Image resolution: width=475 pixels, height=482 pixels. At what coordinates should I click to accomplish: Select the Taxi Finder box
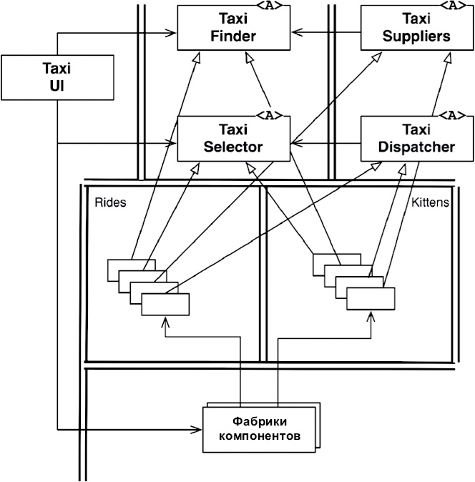pyautogui.click(x=233, y=29)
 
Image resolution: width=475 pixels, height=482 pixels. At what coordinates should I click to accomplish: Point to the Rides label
pyautogui.click(x=110, y=202)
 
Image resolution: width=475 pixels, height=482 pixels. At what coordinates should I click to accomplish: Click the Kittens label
pyautogui.click(x=430, y=202)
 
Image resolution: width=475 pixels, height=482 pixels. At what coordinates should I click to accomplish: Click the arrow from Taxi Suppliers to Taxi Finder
pyautogui.click(x=326, y=31)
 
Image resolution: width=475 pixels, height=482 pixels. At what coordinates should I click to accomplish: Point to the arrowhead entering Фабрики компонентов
pyautogui.click(x=197, y=430)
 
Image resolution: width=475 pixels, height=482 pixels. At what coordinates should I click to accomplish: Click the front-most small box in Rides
pyautogui.click(x=165, y=305)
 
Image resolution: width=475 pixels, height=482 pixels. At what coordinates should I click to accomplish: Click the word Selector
pyautogui.click(x=233, y=147)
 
